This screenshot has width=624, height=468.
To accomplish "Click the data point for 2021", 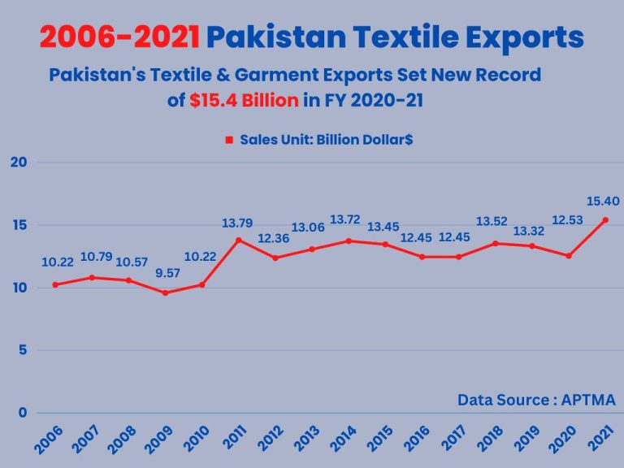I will point(605,220).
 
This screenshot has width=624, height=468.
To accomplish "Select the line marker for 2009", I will point(165,292).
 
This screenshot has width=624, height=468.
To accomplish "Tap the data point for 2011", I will point(238,240).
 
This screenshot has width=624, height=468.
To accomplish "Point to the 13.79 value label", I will point(238,222).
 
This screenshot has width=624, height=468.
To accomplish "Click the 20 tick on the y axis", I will point(19,162).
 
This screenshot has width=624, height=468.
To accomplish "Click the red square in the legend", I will point(230,140).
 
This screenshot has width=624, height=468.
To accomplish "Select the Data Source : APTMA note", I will point(536,400).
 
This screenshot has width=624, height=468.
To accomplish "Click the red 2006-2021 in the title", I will point(119,37).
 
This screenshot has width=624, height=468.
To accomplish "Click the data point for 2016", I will point(422,257).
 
